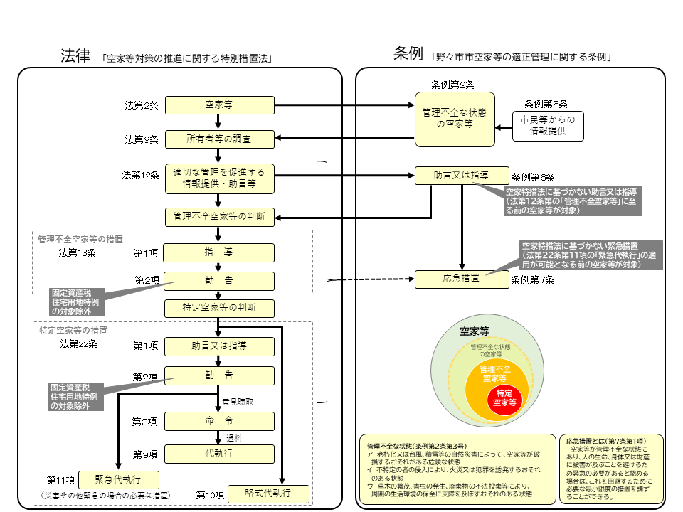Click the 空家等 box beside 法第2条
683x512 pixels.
coord(219,105)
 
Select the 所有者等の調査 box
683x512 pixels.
coord(219,139)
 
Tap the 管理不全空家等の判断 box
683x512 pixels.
coord(219,215)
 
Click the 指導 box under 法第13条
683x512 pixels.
coord(219,252)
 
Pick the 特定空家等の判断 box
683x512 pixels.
coord(219,308)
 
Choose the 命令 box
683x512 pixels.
coord(219,422)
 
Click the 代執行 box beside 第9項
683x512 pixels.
coord(219,453)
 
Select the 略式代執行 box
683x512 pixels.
coord(268,494)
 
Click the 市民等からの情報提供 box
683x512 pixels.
coord(548,124)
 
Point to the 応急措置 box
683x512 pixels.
coord(461,279)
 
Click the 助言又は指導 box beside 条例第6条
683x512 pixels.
coord(461,176)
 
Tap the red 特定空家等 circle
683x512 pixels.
coord(504,398)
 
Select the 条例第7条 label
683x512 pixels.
coord(533,280)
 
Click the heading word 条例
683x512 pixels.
coord(409,53)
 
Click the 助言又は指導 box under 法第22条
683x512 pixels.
coord(219,346)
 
